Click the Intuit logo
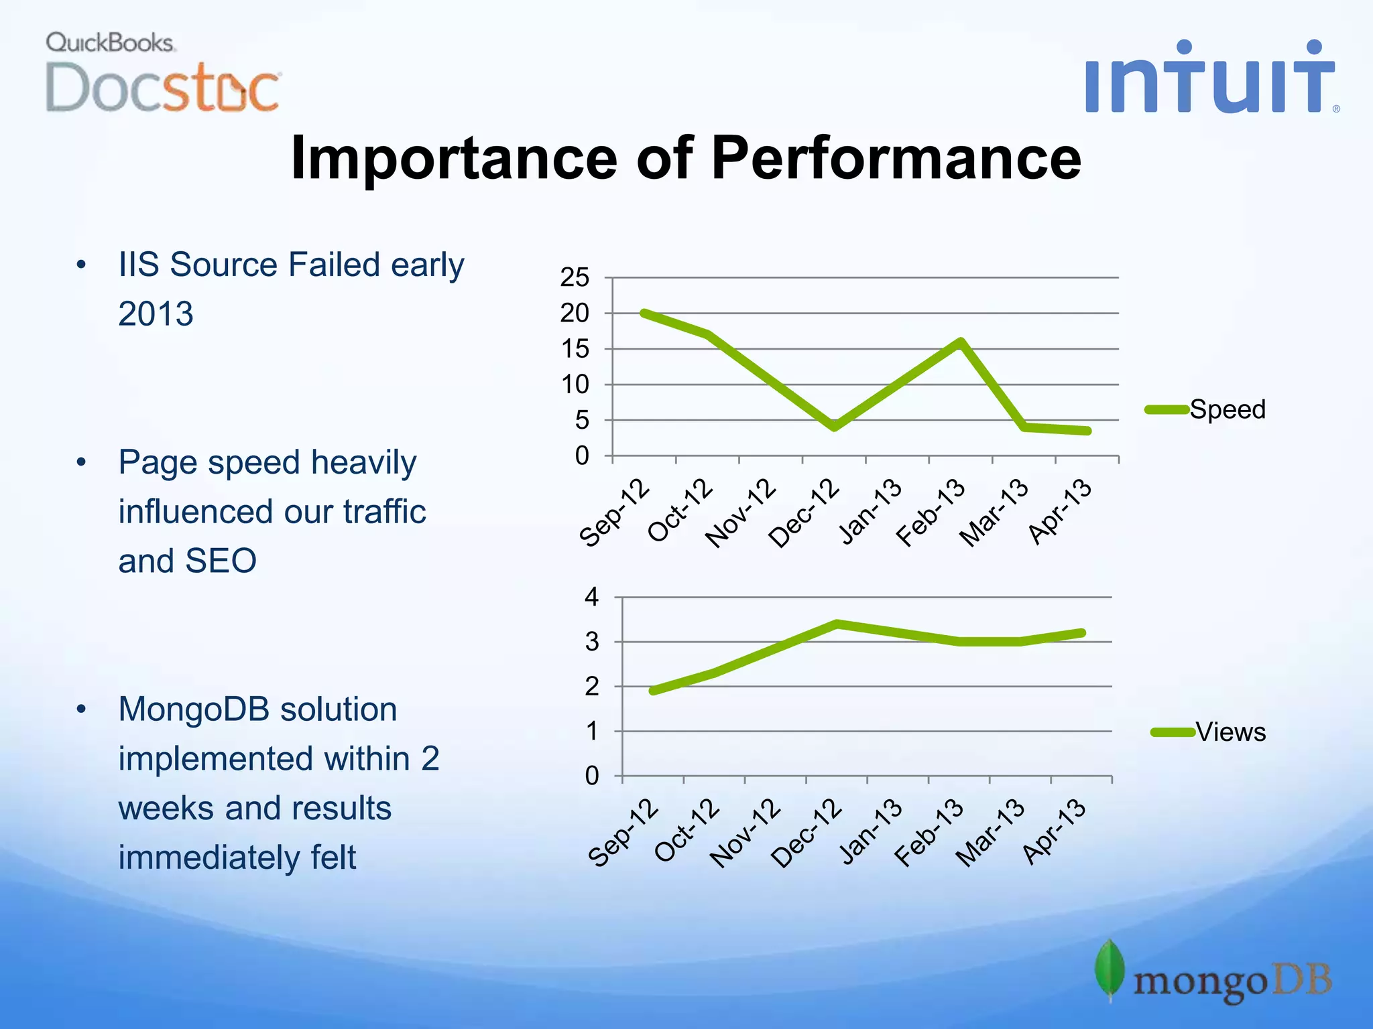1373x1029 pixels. [x=1209, y=78]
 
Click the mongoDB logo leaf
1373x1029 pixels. [x=1110, y=969]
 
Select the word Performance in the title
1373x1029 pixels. [x=896, y=158]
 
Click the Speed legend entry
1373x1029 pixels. [x=1226, y=409]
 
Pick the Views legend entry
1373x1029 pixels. [x=1230, y=732]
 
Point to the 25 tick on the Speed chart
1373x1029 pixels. [x=575, y=277]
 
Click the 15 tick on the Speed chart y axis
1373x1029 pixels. [x=575, y=349]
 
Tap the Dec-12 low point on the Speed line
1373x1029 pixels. [x=834, y=426]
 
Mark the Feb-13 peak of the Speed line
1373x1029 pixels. [x=961, y=342]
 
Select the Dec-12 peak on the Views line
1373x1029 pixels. [x=837, y=624]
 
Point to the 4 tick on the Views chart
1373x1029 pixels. [x=591, y=597]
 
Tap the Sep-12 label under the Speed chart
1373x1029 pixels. [x=614, y=513]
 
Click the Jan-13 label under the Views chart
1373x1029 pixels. [x=870, y=832]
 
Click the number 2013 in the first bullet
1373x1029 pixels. [x=156, y=314]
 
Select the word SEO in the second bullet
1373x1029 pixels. [x=221, y=561]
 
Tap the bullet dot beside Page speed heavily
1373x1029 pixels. [x=81, y=462]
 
